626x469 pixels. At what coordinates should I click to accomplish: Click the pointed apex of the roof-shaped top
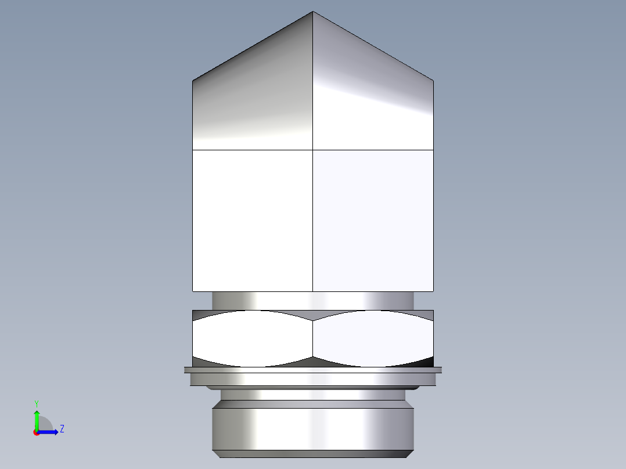click(x=313, y=12)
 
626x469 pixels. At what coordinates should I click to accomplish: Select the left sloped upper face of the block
click(x=253, y=99)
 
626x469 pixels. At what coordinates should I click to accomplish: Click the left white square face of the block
click(x=253, y=221)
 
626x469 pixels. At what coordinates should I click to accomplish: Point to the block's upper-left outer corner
click(x=193, y=81)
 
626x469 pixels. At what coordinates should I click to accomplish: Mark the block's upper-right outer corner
click(x=433, y=81)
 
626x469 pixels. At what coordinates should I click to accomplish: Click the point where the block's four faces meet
click(x=313, y=150)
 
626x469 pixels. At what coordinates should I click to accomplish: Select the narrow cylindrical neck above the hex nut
click(x=313, y=300)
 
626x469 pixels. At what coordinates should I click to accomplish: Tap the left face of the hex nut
click(x=253, y=338)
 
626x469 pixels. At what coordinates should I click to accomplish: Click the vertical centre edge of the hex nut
click(x=313, y=338)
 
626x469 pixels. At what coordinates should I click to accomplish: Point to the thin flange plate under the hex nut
click(x=313, y=370)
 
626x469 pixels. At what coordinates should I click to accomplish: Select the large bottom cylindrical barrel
click(x=313, y=428)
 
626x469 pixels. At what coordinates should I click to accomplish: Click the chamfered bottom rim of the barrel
click(x=313, y=453)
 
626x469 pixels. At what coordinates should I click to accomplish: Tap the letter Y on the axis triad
click(x=36, y=403)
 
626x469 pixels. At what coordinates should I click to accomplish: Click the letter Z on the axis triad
click(x=62, y=429)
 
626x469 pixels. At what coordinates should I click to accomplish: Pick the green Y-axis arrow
click(x=37, y=418)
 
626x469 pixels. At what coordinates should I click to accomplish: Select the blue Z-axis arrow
click(x=50, y=432)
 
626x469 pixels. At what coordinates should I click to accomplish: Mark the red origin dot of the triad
click(x=37, y=432)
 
